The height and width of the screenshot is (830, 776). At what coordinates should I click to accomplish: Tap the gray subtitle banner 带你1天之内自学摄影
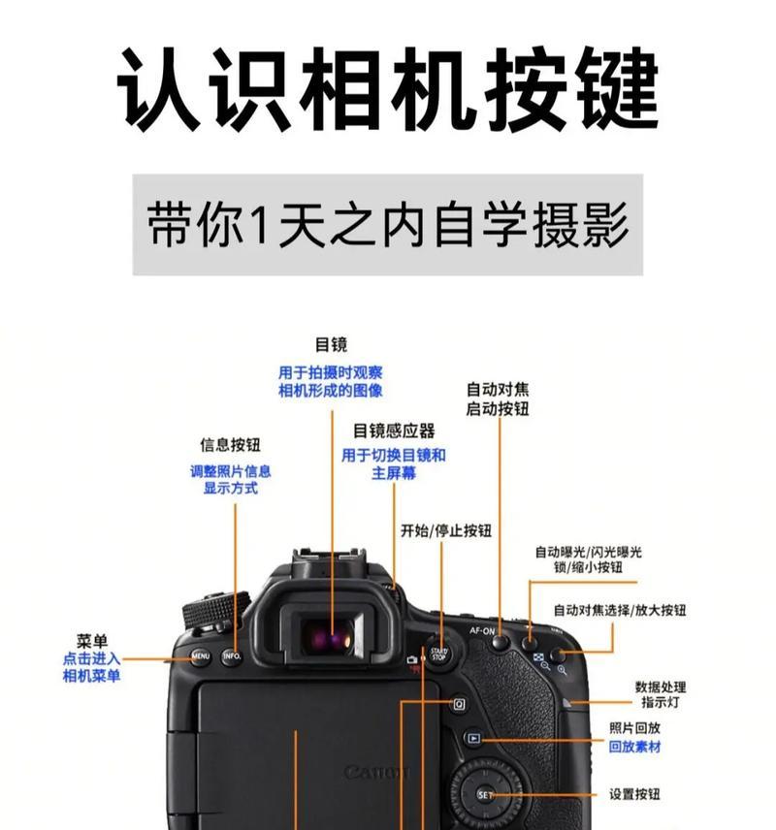click(x=388, y=225)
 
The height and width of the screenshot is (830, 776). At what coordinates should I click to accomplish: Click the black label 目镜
click(x=331, y=345)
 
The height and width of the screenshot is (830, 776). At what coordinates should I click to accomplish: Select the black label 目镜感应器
click(x=394, y=431)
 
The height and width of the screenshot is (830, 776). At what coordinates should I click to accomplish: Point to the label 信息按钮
click(x=230, y=445)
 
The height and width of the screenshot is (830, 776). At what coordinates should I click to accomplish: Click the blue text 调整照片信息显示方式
click(x=230, y=480)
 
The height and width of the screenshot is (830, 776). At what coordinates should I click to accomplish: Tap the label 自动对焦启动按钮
click(x=498, y=399)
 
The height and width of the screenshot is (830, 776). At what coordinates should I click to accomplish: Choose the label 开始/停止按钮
click(x=445, y=530)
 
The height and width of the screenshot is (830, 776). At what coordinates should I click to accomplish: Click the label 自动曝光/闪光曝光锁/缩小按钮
click(x=588, y=559)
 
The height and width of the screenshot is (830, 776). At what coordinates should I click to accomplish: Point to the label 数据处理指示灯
click(x=662, y=693)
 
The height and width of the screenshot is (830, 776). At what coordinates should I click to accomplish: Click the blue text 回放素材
click(x=635, y=748)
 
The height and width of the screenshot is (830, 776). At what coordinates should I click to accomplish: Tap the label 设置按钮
click(x=634, y=794)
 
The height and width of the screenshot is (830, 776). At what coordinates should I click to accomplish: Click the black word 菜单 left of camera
click(x=91, y=641)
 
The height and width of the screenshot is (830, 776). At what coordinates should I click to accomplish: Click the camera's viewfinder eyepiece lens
click(x=330, y=637)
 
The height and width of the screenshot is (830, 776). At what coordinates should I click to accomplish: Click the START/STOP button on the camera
click(x=439, y=654)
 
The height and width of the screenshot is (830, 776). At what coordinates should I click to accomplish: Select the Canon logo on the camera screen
click(x=376, y=773)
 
